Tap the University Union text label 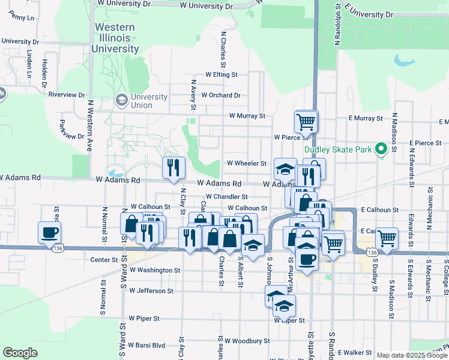pos(149,101)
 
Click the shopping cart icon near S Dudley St pos(387,238)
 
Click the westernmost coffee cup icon pos(49,232)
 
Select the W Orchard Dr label pos(220,95)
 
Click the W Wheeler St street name pos(246,163)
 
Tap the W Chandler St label pos(226,196)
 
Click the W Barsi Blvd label pos(146,346)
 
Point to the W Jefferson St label pos(151,291)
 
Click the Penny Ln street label pos(22,17)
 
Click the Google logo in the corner pos(20,353)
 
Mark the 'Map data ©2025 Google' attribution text pos(411,355)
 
